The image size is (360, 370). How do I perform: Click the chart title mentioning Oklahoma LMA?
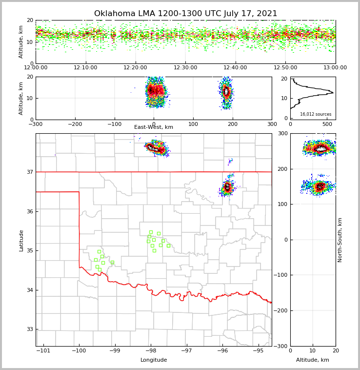[185, 14]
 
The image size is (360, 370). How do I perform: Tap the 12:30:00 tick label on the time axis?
[185, 68]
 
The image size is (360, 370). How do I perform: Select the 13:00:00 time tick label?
[335, 68]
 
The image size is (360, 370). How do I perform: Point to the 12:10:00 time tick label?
[86, 68]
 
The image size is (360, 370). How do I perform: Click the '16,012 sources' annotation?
[316, 114]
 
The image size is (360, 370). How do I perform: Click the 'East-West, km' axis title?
[154, 127]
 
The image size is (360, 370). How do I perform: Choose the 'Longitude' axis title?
[154, 360]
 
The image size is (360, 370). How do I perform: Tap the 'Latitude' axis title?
[21, 240]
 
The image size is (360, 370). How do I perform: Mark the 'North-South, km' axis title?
[340, 240]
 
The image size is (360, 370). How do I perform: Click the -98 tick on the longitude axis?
[151, 350]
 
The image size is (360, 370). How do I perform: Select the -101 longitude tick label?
[43, 350]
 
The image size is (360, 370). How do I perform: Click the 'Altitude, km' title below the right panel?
[313, 360]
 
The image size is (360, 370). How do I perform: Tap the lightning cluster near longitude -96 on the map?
[227, 187]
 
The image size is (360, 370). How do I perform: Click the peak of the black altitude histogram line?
[333, 92]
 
